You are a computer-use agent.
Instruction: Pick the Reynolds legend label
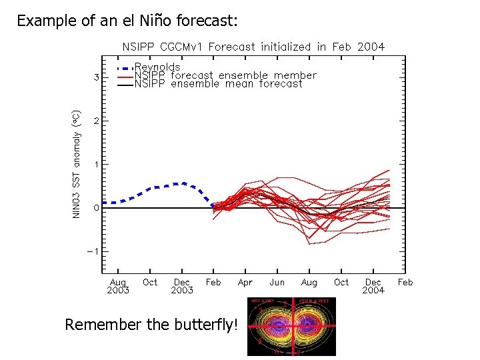pos(157,67)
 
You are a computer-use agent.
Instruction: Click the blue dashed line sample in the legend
pos(125,68)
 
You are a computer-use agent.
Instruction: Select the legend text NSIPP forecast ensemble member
pos(225,75)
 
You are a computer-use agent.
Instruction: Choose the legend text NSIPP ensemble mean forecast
pos(219,83)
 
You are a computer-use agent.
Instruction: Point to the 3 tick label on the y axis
pos(97,77)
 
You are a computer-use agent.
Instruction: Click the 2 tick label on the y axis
pos(97,121)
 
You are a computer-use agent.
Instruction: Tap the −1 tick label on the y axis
pos(95,251)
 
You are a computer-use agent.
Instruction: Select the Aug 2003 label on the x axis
pos(117,286)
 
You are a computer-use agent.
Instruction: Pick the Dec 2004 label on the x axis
pos(373,286)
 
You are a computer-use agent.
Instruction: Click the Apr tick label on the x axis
pos(245,282)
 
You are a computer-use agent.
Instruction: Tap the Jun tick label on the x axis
pos(277,282)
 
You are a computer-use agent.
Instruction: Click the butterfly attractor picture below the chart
pos(291,326)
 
